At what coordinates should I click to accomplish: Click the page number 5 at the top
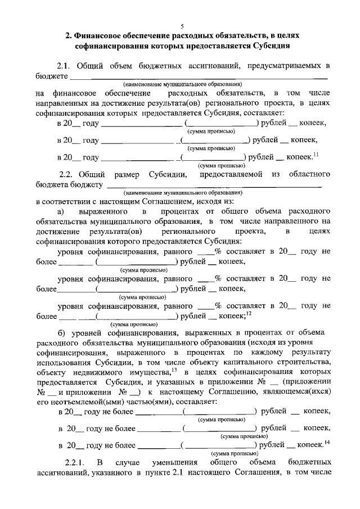click(182, 26)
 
